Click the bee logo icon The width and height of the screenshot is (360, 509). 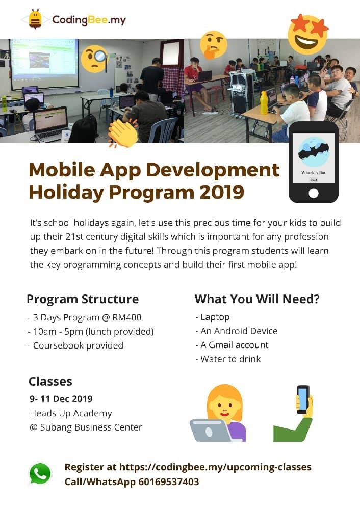point(35,20)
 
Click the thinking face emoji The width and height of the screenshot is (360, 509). point(213,44)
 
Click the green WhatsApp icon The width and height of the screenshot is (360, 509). point(40,474)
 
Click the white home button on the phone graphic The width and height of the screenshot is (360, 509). point(314,193)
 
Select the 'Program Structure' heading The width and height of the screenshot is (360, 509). point(83,299)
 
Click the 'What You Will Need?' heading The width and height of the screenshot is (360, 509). point(257,299)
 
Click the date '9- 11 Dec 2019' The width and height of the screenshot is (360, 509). point(61,398)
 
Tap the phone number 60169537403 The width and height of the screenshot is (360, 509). point(168,481)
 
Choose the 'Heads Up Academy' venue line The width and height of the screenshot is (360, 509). point(70,413)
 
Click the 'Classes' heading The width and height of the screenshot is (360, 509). point(50,381)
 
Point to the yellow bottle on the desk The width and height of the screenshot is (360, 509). point(264,103)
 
